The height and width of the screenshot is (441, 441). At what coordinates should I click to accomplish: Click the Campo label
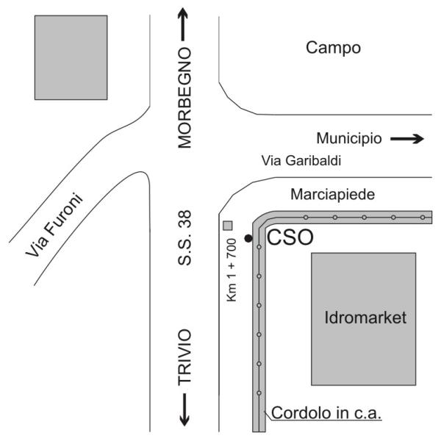[x=333, y=48]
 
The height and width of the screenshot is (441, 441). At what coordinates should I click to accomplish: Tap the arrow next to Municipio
[x=407, y=138]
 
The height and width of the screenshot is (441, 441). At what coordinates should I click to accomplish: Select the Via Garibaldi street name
[x=301, y=160]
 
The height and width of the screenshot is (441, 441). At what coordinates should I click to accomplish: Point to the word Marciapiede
[x=332, y=194]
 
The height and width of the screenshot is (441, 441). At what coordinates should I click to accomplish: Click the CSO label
[x=290, y=237]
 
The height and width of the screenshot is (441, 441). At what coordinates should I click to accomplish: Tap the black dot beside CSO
[x=248, y=238]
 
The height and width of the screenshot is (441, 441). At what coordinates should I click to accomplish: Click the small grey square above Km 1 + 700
[x=228, y=226]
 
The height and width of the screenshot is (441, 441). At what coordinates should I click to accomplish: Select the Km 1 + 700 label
[x=232, y=270]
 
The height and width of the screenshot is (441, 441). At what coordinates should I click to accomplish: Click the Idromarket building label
[x=365, y=318]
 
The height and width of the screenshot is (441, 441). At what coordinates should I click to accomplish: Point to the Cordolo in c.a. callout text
[x=326, y=413]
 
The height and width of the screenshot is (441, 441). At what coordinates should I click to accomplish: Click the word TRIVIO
[x=184, y=357]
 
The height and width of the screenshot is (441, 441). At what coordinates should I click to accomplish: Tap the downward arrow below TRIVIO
[x=184, y=409]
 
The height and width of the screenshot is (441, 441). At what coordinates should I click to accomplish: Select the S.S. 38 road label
[x=184, y=238]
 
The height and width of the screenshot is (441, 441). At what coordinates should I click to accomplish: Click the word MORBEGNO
[x=184, y=98]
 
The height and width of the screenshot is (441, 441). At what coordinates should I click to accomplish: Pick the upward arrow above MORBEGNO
[x=183, y=24]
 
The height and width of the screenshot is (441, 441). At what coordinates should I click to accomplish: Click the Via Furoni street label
[x=54, y=225]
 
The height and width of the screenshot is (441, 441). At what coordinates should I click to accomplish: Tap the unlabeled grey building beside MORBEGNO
[x=71, y=57]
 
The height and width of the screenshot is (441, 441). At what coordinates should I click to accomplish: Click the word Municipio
[x=349, y=138]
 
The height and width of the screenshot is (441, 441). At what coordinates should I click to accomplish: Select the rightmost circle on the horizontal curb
[x=423, y=218]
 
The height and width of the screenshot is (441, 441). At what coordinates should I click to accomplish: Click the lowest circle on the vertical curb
[x=259, y=393]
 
